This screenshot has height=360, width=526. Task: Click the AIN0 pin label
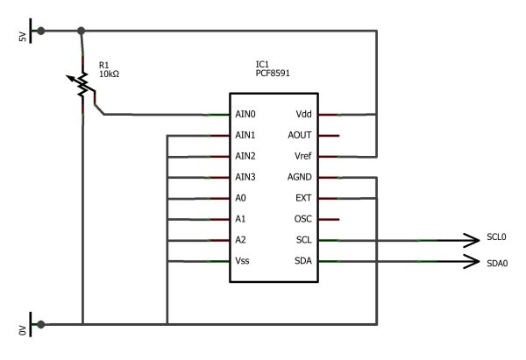click(245, 115)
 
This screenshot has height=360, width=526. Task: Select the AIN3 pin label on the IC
click(245, 178)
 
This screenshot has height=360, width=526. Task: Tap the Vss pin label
click(242, 262)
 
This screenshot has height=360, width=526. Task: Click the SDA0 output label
click(497, 262)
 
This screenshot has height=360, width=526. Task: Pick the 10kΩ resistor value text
click(110, 74)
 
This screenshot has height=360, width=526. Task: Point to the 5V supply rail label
click(24, 39)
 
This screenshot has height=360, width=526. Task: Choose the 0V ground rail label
click(24, 330)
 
